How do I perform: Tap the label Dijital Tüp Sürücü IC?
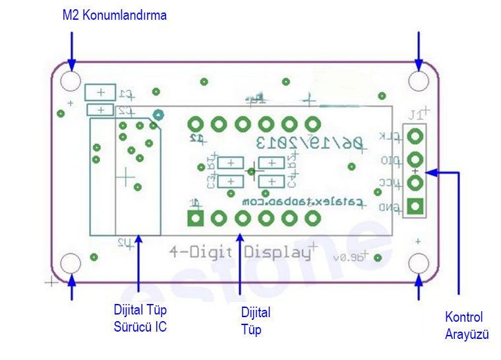pos(140,316)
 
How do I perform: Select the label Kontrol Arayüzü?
pos(467,325)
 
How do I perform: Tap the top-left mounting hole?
pos(71,80)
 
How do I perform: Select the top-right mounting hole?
pos(419,80)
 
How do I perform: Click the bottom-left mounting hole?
pos(71,263)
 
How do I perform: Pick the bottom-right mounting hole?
pos(419,263)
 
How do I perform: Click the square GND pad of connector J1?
pos(415,206)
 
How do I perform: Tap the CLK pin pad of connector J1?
pos(415,136)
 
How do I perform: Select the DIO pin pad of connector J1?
pos(415,160)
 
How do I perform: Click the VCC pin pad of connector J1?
pos(415,183)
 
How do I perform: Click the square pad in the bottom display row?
pos(195,218)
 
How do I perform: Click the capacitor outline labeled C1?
pos(101,93)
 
